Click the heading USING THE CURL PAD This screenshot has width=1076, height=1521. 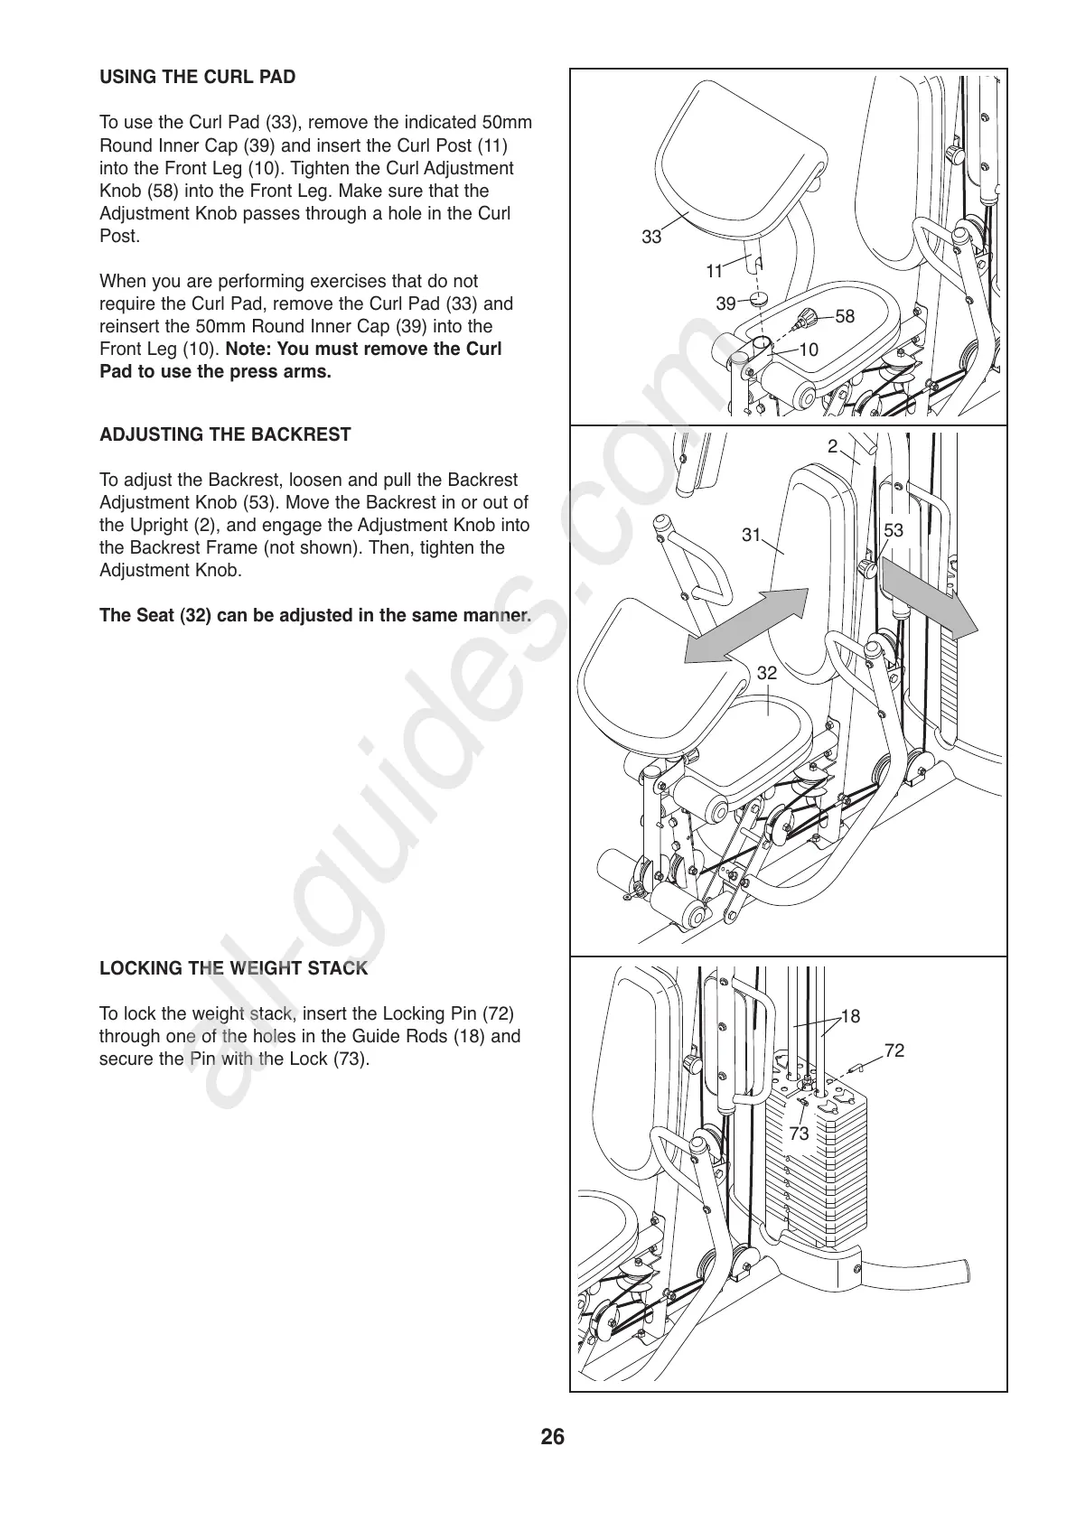(x=197, y=78)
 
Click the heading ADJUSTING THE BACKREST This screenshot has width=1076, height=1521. (x=225, y=434)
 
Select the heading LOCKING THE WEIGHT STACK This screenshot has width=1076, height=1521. (x=233, y=969)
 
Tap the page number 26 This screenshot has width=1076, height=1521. (x=552, y=1437)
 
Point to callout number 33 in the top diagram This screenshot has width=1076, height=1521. (x=651, y=238)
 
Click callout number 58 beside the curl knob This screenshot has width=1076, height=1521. (x=844, y=316)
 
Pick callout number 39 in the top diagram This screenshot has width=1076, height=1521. (x=725, y=304)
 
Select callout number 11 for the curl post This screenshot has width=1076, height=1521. (x=715, y=271)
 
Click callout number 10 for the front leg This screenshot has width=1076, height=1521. (x=809, y=350)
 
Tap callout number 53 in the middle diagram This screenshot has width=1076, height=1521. (x=893, y=531)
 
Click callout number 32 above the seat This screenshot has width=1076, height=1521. (x=766, y=673)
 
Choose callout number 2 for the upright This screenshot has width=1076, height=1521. (x=833, y=445)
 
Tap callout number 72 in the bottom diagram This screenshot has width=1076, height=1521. (x=894, y=1050)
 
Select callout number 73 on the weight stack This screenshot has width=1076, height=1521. (x=799, y=1134)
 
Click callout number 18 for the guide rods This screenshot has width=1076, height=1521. (x=850, y=1016)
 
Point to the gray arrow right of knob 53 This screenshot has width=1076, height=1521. (x=928, y=598)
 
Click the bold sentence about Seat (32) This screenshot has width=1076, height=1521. (x=314, y=616)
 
